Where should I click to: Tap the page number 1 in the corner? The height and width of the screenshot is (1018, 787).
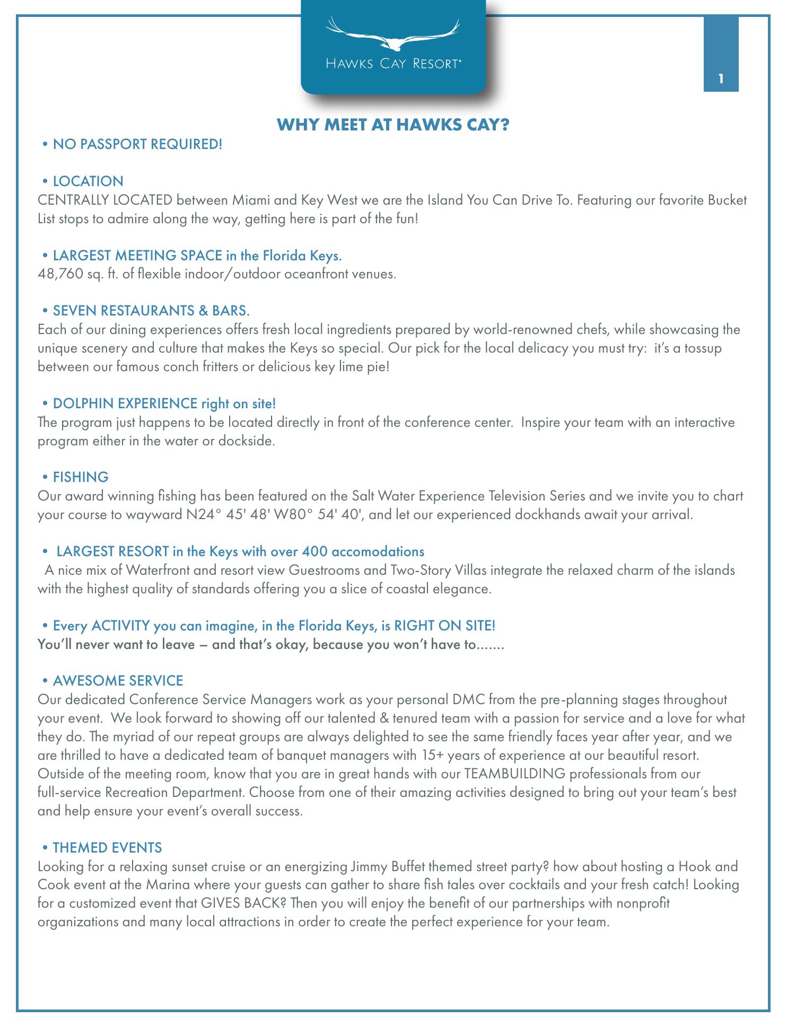(x=721, y=80)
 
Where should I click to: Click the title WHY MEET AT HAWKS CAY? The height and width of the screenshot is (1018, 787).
(x=393, y=125)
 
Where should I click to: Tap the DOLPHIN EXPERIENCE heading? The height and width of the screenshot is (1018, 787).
(x=164, y=403)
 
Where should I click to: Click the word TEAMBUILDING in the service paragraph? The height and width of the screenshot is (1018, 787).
(x=514, y=774)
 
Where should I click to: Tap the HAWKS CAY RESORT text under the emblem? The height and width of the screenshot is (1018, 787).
(x=393, y=64)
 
